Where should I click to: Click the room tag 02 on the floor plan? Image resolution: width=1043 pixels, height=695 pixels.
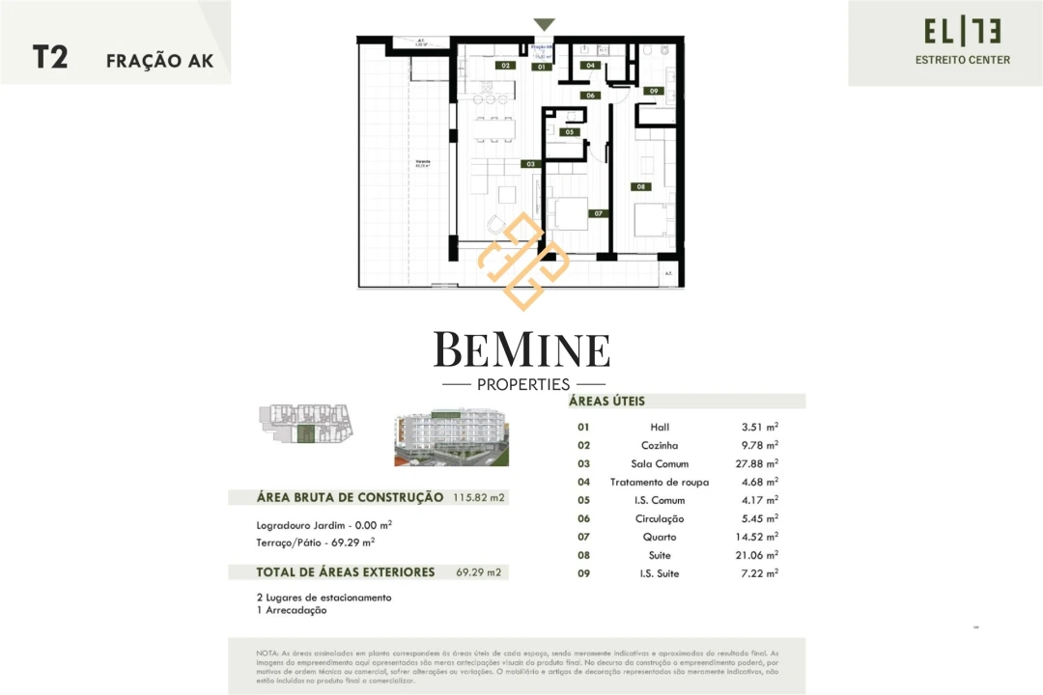click(505, 66)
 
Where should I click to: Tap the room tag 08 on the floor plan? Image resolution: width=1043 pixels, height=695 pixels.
click(640, 186)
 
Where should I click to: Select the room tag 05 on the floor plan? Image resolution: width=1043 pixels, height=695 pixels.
click(570, 132)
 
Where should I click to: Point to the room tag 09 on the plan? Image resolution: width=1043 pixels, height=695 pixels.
click(654, 91)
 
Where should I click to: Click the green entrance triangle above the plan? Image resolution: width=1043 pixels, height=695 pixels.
click(544, 25)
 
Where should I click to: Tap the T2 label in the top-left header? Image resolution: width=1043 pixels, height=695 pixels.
click(50, 58)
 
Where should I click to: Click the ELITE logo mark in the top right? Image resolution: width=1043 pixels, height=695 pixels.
click(962, 32)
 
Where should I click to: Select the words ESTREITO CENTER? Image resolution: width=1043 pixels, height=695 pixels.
click(962, 60)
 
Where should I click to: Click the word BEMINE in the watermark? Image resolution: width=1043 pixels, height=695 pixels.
click(521, 348)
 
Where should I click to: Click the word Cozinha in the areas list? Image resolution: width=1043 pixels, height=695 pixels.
click(660, 445)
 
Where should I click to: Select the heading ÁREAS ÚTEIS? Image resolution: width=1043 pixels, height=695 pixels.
click(607, 402)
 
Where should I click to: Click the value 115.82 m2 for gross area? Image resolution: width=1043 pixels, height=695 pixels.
click(479, 498)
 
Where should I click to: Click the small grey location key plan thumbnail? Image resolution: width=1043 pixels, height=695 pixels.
click(305, 425)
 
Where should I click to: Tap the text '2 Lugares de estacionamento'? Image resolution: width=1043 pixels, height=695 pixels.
click(324, 598)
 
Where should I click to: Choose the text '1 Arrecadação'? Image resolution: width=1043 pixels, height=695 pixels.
click(291, 610)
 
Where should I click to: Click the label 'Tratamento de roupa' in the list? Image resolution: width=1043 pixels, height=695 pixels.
click(660, 482)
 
